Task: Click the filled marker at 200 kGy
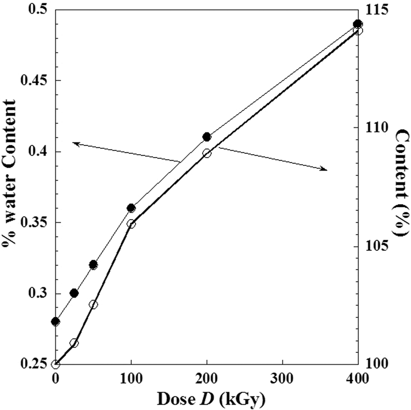(206, 137)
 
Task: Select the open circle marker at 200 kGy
(206, 153)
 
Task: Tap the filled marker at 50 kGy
(93, 265)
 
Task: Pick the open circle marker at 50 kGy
(93, 305)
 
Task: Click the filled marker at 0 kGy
(56, 322)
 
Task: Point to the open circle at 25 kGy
(74, 343)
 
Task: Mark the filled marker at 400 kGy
(357, 24)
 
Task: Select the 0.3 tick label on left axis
(37, 294)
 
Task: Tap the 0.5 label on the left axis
(37, 10)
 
